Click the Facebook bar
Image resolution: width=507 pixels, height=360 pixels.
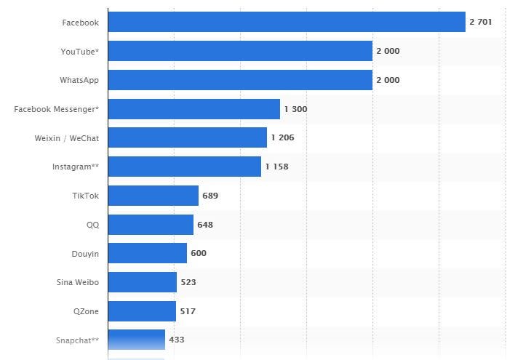(x=287, y=22)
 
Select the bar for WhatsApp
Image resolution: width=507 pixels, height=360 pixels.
(x=240, y=80)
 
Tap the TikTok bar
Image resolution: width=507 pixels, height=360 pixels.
(x=153, y=196)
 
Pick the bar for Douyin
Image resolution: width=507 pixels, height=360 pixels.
(x=147, y=253)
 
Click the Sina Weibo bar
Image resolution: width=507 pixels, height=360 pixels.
(x=142, y=282)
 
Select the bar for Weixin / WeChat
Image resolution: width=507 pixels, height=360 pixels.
(x=187, y=137)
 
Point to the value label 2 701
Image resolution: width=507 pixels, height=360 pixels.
(x=481, y=22)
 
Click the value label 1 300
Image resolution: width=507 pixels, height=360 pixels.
(x=295, y=109)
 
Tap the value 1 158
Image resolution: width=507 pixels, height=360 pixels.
(x=276, y=167)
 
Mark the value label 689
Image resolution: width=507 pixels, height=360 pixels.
(x=210, y=196)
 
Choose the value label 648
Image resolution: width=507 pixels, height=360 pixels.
(x=205, y=225)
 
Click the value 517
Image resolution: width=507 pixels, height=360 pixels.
(x=187, y=311)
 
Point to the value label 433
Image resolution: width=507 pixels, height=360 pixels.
(x=177, y=340)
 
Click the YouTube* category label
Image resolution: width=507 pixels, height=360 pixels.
(x=80, y=51)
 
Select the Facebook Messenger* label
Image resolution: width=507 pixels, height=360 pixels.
(x=56, y=109)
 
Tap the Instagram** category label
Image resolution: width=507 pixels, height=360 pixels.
(x=75, y=167)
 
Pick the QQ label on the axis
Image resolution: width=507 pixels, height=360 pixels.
(x=92, y=225)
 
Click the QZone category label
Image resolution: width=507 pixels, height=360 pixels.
(x=86, y=311)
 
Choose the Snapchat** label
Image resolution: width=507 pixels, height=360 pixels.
(x=77, y=340)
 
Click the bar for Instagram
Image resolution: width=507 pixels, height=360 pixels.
(x=184, y=167)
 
